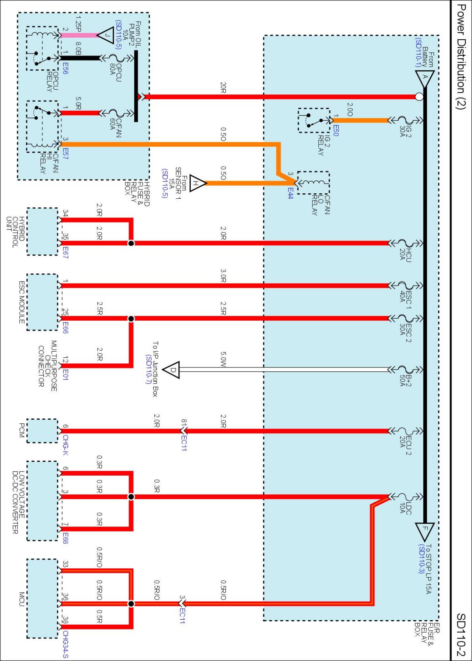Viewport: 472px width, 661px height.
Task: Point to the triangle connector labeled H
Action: tap(197, 183)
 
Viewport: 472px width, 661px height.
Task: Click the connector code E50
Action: tap(335, 130)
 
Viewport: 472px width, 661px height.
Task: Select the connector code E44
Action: tap(290, 193)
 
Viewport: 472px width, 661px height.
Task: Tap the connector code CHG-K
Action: tap(65, 445)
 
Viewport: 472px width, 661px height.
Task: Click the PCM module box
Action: tap(42, 431)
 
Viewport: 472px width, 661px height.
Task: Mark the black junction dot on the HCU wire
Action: tap(131, 243)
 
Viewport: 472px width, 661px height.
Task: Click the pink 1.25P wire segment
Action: tap(79, 35)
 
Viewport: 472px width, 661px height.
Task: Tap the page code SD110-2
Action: tap(461, 635)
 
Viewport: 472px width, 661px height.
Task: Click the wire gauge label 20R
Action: tap(223, 88)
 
